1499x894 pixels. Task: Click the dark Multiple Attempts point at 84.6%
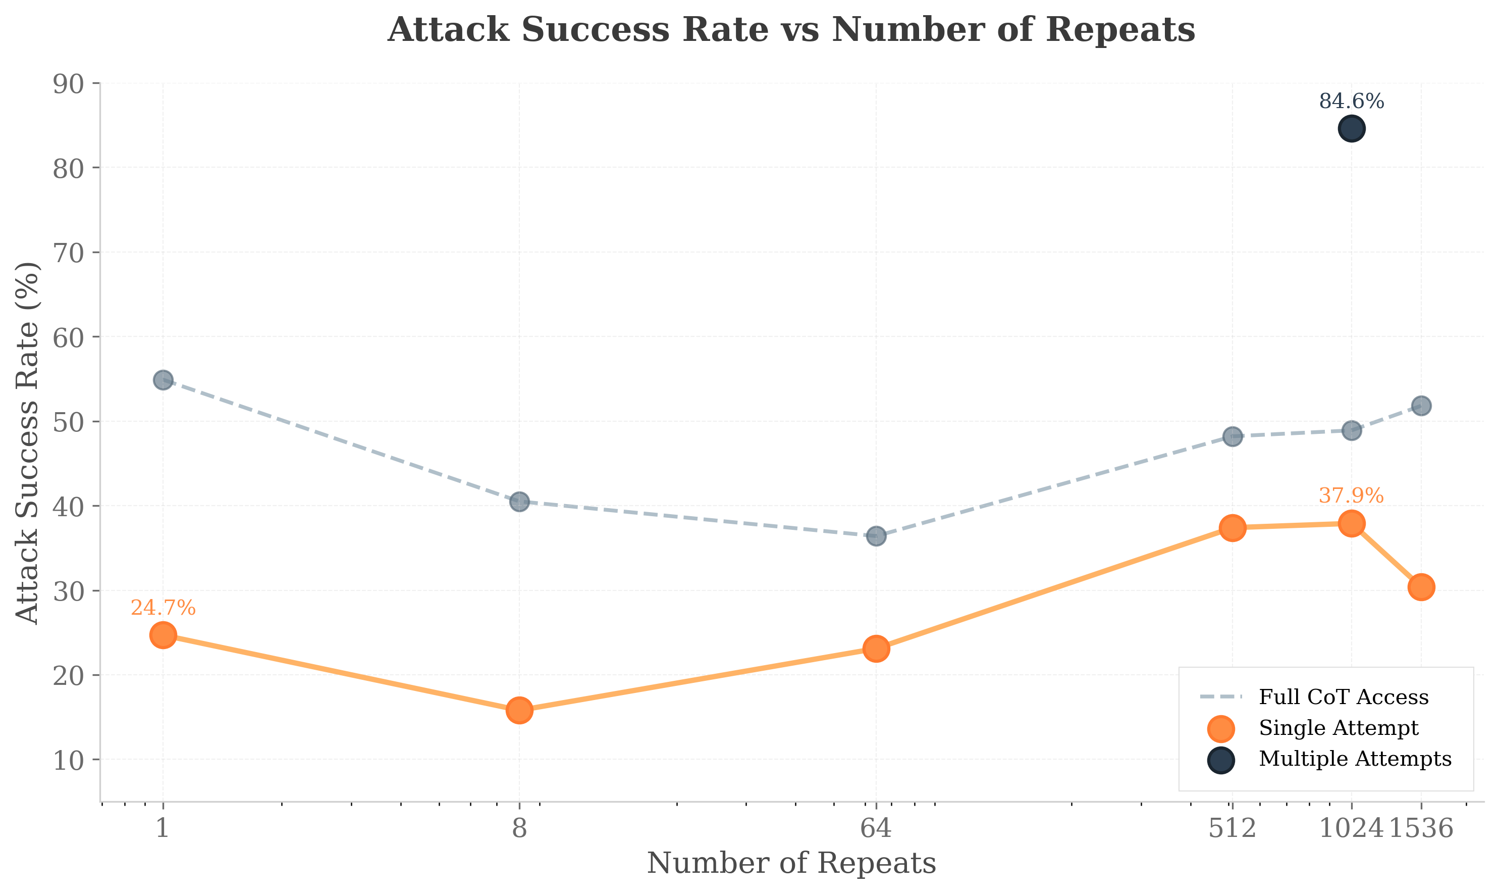click(1352, 129)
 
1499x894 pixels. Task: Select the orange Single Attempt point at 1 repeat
click(163, 635)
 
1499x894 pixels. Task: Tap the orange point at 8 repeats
click(519, 710)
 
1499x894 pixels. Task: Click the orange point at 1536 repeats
click(1421, 587)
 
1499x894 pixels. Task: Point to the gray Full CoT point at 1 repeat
click(163, 380)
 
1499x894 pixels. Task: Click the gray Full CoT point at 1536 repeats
click(1421, 406)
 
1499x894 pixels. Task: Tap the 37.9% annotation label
click(1351, 496)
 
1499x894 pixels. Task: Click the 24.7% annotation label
click(163, 608)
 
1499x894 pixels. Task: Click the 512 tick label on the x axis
click(1233, 829)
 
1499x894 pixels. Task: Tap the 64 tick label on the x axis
click(876, 829)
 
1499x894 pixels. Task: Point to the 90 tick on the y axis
click(68, 84)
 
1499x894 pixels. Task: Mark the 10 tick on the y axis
click(68, 760)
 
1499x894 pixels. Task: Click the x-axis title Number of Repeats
click(791, 864)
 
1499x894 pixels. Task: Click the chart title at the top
click(791, 30)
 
